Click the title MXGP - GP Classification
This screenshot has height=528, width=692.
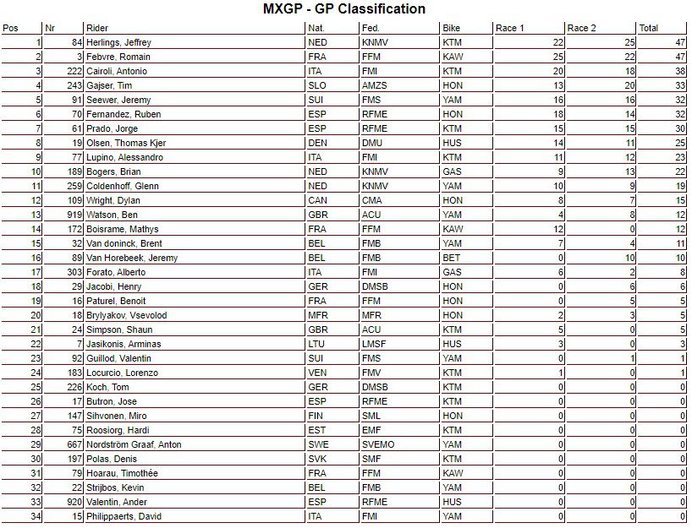[345, 9]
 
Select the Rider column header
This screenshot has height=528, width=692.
[98, 28]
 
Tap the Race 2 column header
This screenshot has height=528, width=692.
[581, 28]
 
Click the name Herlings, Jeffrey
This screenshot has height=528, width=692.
[118, 42]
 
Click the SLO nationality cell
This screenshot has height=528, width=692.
[317, 85]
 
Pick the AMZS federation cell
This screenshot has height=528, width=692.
[373, 85]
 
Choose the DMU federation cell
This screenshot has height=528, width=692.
[371, 143]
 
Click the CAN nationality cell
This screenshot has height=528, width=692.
[318, 200]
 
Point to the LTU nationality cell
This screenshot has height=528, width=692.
[317, 344]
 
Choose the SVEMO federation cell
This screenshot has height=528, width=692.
[376, 444]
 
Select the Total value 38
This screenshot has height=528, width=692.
[679, 71]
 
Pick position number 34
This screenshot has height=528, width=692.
[36, 516]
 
